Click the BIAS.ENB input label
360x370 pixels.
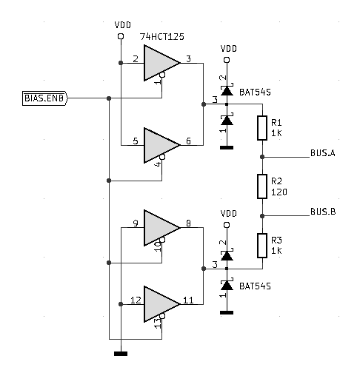(x=44, y=98)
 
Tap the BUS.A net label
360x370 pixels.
(x=322, y=153)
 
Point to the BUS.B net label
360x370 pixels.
(x=322, y=212)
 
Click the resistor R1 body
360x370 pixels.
(x=262, y=128)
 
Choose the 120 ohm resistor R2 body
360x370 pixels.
(x=262, y=186)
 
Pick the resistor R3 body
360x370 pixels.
(x=262, y=244)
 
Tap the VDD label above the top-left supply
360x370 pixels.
(x=122, y=26)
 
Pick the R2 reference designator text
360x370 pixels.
(x=278, y=181)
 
